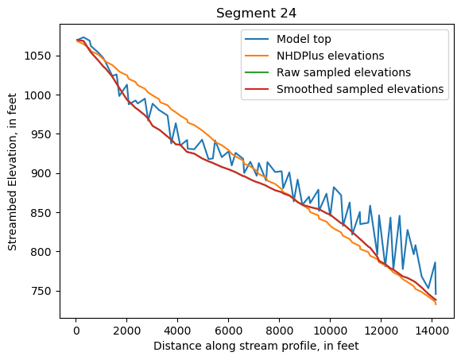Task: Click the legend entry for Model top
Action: click(x=304, y=39)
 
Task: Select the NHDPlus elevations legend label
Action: click(x=330, y=56)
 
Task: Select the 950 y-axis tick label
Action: click(x=41, y=134)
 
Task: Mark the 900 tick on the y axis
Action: click(x=41, y=173)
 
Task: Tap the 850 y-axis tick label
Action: click(x=41, y=213)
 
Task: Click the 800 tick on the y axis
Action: click(x=41, y=252)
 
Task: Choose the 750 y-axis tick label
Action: click(x=41, y=291)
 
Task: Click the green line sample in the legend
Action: click(x=258, y=72)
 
